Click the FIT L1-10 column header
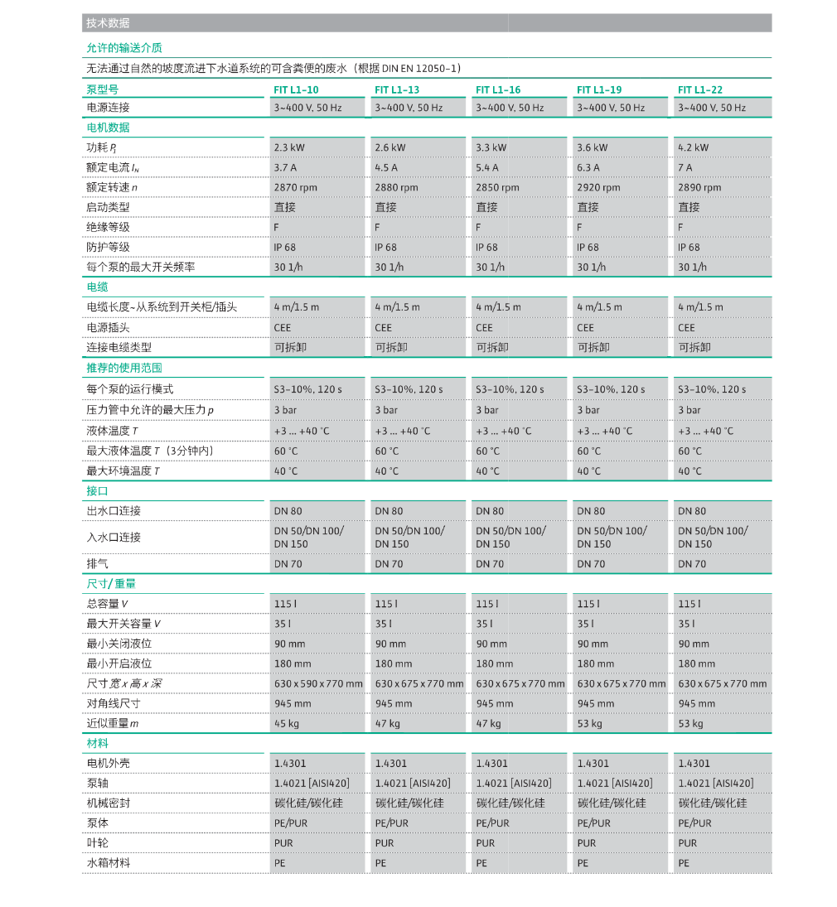pos(296,89)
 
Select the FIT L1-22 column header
pos(700,89)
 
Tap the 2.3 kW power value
pos(289,147)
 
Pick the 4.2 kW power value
pos(694,147)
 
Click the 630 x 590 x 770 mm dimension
pos(318,683)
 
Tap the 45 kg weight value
pos(286,723)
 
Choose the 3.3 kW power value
pos(491,147)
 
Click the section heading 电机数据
pos(109,128)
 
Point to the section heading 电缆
pos(98,287)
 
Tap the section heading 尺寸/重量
pos(111,583)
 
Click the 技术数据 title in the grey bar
pos(108,23)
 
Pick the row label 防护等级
pos(108,247)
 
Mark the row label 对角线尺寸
pos(114,703)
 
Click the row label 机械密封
pos(108,803)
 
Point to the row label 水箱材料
pos(108,862)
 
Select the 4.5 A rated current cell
pos(386,167)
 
